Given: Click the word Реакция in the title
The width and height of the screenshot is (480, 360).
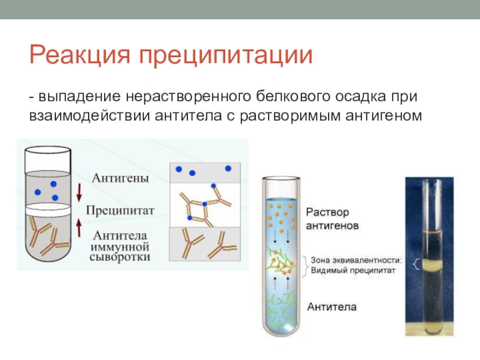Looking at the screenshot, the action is [x=80, y=55].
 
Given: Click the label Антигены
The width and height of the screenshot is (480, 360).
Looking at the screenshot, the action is [x=121, y=178].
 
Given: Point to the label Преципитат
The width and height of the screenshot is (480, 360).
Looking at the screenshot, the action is [x=120, y=211].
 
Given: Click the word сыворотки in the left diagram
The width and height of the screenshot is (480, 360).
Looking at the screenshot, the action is [x=120, y=257].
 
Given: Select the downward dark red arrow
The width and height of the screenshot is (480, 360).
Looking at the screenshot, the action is [x=79, y=192].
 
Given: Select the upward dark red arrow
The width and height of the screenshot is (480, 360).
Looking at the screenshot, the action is [x=79, y=228].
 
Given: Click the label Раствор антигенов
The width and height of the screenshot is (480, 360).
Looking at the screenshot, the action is [x=332, y=219].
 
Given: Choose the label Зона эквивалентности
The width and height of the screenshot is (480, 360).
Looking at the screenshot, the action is [x=356, y=260].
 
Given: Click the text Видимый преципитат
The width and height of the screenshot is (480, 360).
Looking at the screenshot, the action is [x=353, y=271].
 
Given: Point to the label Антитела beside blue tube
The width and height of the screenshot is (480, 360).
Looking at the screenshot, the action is [x=332, y=307].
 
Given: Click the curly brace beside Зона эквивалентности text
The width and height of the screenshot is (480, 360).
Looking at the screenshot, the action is [x=304, y=266].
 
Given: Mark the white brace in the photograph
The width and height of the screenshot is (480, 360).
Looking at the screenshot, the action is [x=416, y=265].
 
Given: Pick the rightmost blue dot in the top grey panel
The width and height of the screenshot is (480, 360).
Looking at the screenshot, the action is [x=228, y=169].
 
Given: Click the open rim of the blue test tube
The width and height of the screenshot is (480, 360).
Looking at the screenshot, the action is [x=281, y=178].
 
